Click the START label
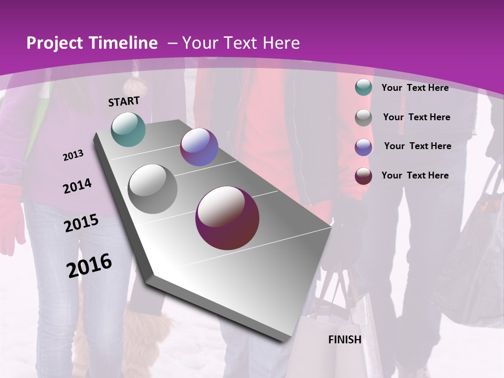tap(124, 101)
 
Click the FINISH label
tap(345, 340)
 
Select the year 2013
tap(73, 155)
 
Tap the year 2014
tap(77, 186)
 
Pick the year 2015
tap(81, 223)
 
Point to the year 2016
tap(89, 265)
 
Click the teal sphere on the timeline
tap(129, 129)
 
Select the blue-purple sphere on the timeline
tap(199, 147)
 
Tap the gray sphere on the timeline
tap(153, 189)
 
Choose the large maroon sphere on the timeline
tap(227, 218)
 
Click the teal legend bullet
tap(363, 88)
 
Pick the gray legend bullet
tap(363, 118)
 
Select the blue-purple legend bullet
tap(363, 147)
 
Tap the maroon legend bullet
tap(363, 176)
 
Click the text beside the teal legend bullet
tap(415, 88)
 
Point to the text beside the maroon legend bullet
tap(415, 175)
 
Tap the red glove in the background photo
tap(10, 215)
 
